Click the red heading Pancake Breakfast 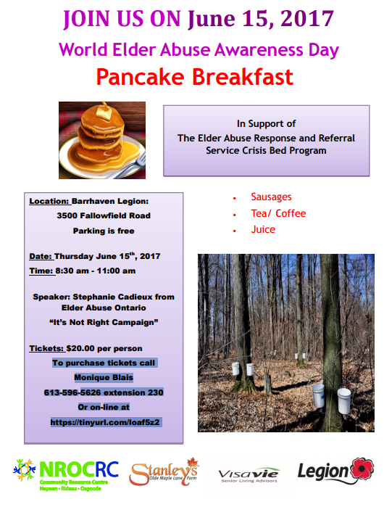click(x=195, y=78)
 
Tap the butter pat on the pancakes click(x=103, y=112)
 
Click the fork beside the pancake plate click(x=130, y=167)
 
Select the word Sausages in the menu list click(x=271, y=197)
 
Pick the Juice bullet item click(x=263, y=230)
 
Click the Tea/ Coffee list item click(x=278, y=213)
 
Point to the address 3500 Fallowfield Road click(x=104, y=215)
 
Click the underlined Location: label click(x=50, y=202)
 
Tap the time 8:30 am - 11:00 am click(x=95, y=271)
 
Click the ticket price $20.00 click(x=80, y=349)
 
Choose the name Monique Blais click(x=104, y=378)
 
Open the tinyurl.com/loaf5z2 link click(x=105, y=423)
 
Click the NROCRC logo click(x=65, y=474)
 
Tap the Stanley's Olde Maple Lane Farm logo click(x=164, y=472)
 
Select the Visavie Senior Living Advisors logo click(x=249, y=475)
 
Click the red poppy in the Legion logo click(x=362, y=469)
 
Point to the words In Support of click(x=266, y=124)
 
